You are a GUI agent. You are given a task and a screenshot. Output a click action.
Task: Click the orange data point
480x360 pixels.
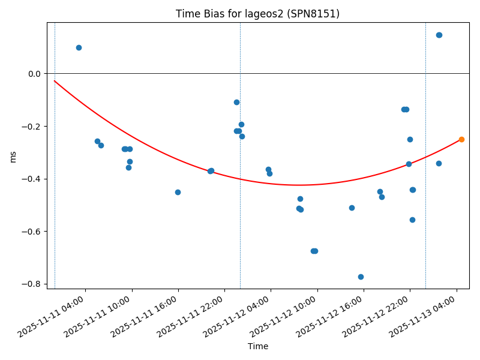click(461, 139)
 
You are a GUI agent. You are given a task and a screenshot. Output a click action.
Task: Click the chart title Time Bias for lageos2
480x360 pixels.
click(257, 14)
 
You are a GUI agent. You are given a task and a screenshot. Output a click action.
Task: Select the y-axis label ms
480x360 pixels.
click(13, 157)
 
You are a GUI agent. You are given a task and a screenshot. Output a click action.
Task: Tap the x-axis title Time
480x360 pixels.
click(258, 346)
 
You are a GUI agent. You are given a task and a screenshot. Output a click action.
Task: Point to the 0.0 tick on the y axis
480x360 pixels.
click(35, 74)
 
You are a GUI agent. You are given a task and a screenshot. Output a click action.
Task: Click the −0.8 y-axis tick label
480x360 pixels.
click(32, 284)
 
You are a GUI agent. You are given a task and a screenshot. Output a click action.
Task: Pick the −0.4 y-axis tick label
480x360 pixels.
click(32, 179)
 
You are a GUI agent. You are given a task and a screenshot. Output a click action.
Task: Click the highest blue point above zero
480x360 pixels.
click(439, 35)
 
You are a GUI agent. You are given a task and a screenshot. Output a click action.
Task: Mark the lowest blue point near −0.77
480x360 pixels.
click(361, 277)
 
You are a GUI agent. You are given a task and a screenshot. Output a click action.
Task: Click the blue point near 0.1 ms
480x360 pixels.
click(79, 47)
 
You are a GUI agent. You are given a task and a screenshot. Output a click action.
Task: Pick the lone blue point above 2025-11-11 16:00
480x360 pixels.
click(178, 192)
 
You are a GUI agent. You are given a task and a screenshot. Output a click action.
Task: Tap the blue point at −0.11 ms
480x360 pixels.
click(236, 102)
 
